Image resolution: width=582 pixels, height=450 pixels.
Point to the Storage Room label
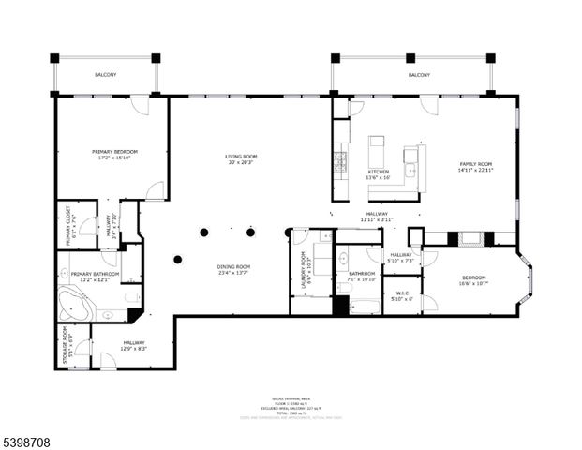click(65, 345)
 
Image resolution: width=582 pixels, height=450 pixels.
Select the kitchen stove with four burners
click(340, 163)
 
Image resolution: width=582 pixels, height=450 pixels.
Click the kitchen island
click(376, 151)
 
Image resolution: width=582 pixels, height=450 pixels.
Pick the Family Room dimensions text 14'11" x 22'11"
click(475, 170)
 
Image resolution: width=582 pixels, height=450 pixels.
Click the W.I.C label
click(401, 295)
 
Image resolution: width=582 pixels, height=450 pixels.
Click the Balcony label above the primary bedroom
click(105, 75)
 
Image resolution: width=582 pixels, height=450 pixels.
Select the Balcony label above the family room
click(418, 75)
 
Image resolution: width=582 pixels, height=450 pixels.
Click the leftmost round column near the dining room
click(177, 260)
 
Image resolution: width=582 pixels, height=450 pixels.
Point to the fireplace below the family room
click(470, 238)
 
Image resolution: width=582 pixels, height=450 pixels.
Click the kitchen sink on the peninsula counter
click(410, 170)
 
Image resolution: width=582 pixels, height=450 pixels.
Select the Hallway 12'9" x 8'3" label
click(134, 346)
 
